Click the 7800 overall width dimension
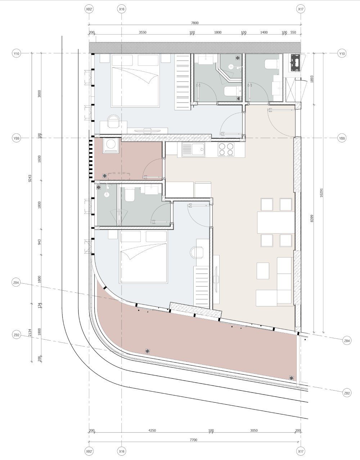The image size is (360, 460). pos(195,23)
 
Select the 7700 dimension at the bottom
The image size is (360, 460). pos(193,440)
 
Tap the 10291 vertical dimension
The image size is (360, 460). pos(321,193)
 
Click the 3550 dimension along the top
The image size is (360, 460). pos(143,32)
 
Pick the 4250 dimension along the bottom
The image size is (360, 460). pos(152,431)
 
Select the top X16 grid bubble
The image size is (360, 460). pos(122,9)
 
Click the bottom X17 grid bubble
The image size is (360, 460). pos(301,451)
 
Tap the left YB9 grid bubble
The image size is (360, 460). pos(16,138)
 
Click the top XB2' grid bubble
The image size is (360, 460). pos(89,9)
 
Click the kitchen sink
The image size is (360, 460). pos(193,150)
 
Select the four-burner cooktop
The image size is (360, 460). pos(226,150)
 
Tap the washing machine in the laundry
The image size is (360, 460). pos(111,145)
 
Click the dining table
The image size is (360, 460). pos(276,222)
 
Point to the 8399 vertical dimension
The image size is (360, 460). pos(312,218)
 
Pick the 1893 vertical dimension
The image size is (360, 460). pos(312,79)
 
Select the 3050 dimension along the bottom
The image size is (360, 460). pos(254,431)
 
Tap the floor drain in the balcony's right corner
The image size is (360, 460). pos(291,378)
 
